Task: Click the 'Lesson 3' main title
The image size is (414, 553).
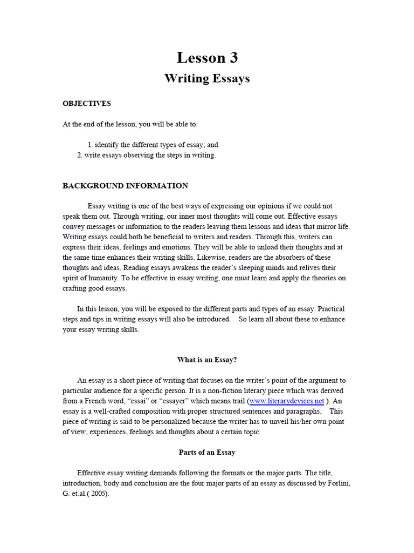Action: point(207,58)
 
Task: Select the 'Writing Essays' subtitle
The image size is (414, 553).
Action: point(207,79)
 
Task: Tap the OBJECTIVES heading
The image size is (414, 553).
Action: point(87,103)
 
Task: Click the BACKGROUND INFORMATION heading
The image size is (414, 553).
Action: point(125,186)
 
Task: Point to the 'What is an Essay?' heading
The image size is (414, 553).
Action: point(207,360)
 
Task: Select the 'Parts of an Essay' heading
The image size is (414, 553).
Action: point(207,452)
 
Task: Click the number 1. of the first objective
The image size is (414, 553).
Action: point(90,145)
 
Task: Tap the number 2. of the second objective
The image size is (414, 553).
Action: point(79,155)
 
